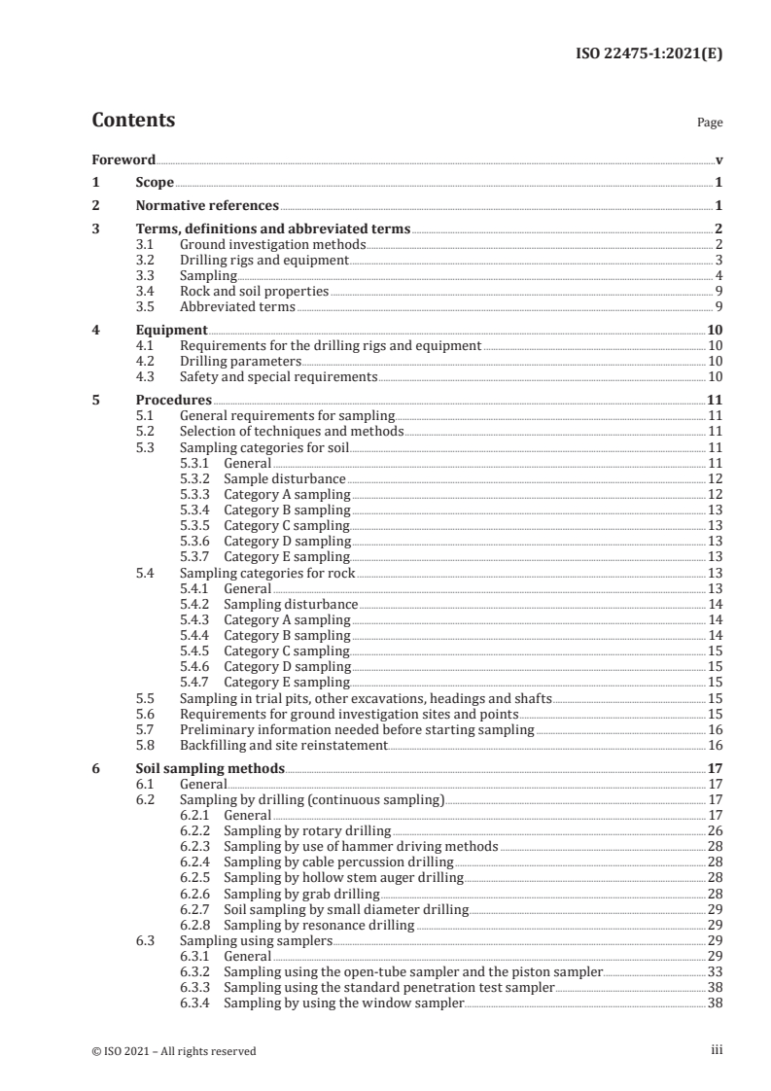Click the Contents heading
pyautogui.click(x=133, y=121)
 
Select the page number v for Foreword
pyautogui.click(x=718, y=159)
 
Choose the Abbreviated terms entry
pyautogui.click(x=237, y=306)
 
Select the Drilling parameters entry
pyautogui.click(x=241, y=361)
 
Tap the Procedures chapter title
pyautogui.click(x=174, y=400)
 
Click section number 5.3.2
pyautogui.click(x=196, y=478)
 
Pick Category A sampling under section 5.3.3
pyautogui.click(x=287, y=494)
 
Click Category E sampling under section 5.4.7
pyautogui.click(x=287, y=682)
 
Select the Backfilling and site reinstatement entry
pyautogui.click(x=284, y=745)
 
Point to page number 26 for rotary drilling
pyautogui.click(x=715, y=830)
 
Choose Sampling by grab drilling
pyautogui.click(x=301, y=893)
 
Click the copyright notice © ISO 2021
pyautogui.click(x=174, y=1050)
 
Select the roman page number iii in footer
pyautogui.click(x=717, y=1049)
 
